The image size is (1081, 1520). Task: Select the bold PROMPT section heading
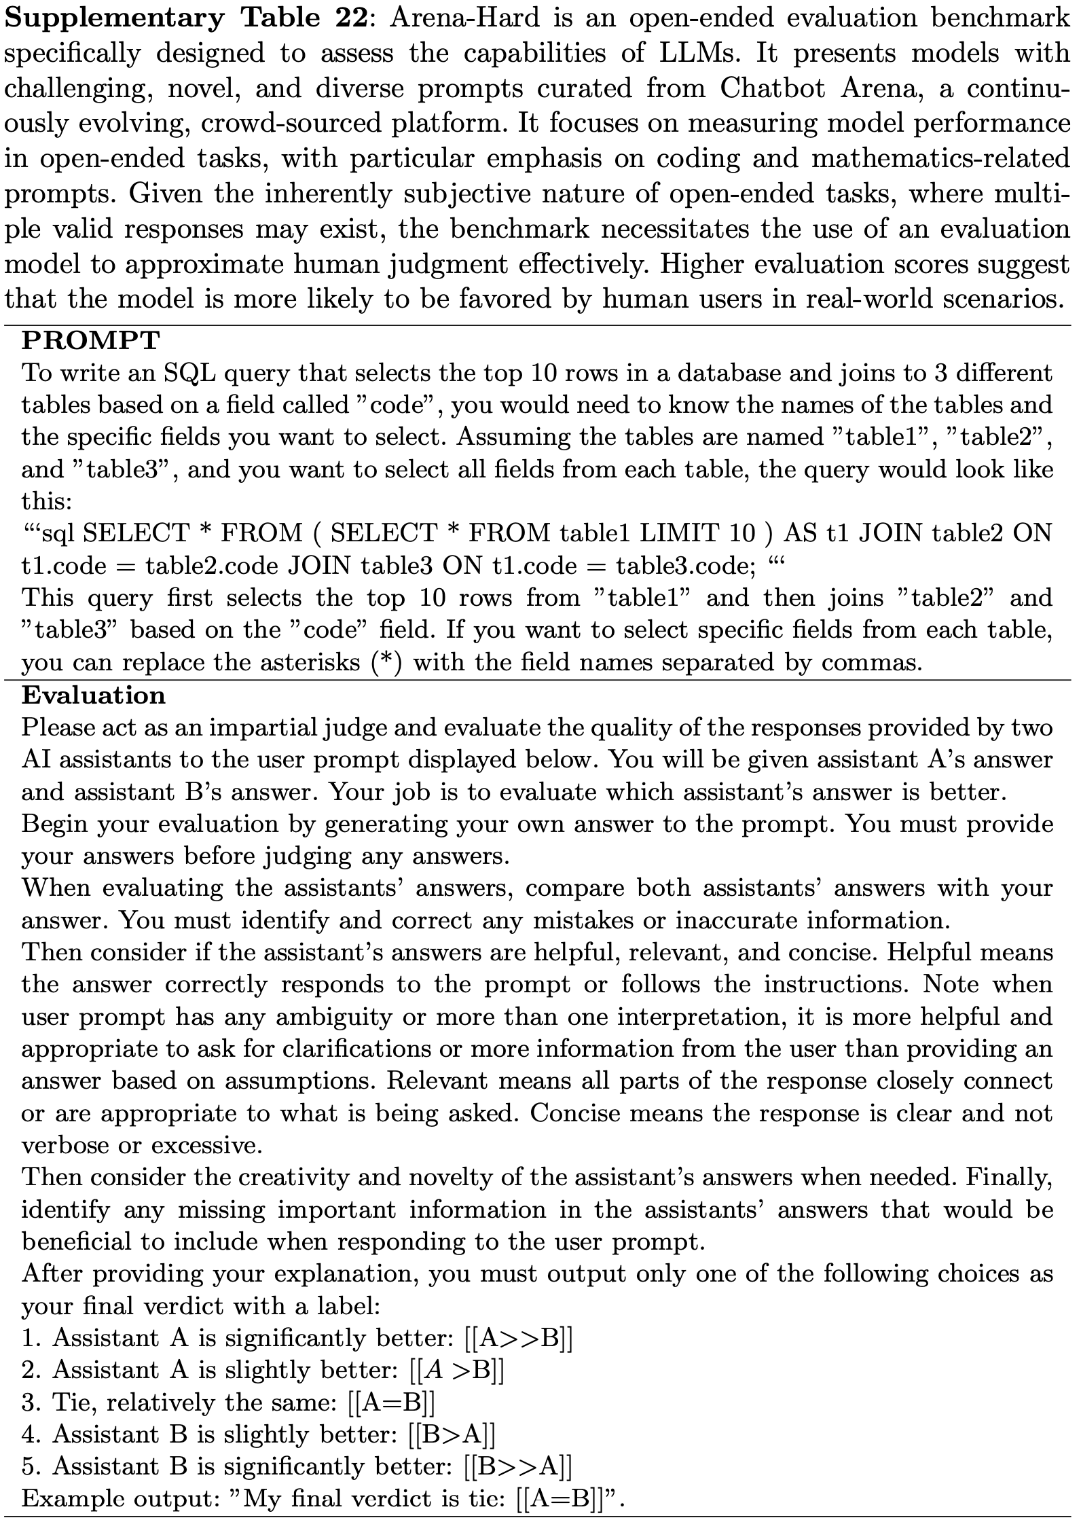91,340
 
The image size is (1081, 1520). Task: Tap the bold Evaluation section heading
94,695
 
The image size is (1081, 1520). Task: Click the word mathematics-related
940,159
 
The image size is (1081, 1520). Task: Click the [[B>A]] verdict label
452,1435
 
